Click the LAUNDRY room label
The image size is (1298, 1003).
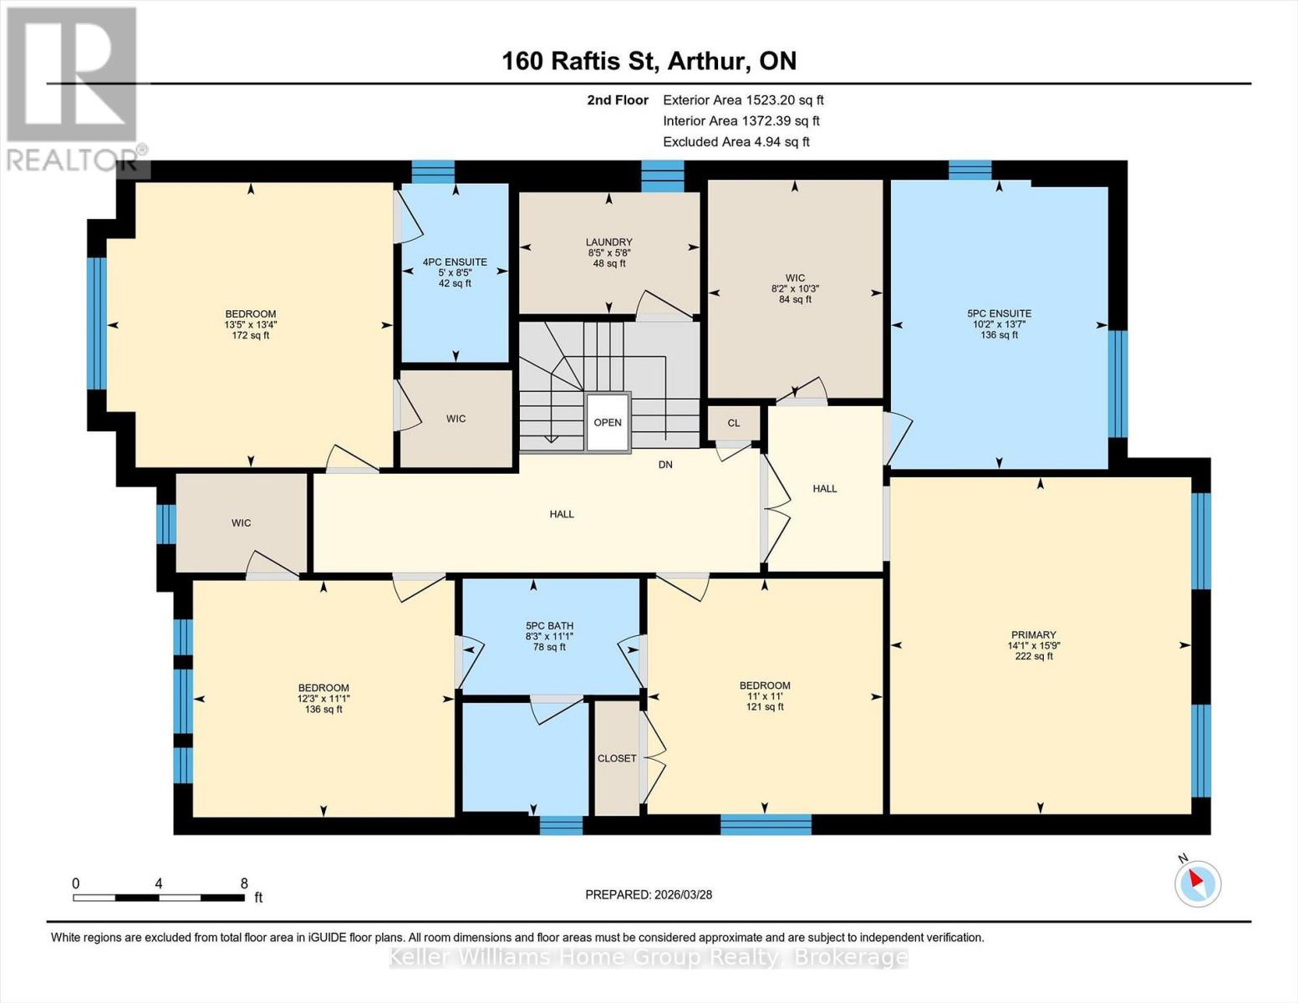pyautogui.click(x=608, y=242)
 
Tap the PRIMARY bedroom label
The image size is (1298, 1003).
pyautogui.click(x=1033, y=634)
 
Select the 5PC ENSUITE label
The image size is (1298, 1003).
pyautogui.click(x=1000, y=313)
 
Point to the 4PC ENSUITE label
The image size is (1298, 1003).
pyautogui.click(x=455, y=262)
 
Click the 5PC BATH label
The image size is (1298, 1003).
pyautogui.click(x=549, y=626)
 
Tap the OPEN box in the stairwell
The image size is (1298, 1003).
pyautogui.click(x=608, y=422)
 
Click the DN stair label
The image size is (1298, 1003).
pyautogui.click(x=665, y=464)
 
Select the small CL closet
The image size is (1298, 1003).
pyautogui.click(x=734, y=423)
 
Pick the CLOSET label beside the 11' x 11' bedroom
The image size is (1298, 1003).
pyautogui.click(x=617, y=758)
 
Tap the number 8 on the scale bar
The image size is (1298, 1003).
pyautogui.click(x=244, y=883)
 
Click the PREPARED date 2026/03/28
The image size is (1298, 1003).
pyautogui.click(x=684, y=894)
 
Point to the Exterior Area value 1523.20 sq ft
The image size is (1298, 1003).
pyautogui.click(x=784, y=99)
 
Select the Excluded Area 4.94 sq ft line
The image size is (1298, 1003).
pyautogui.click(x=736, y=141)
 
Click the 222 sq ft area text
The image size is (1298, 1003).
pyautogui.click(x=1034, y=656)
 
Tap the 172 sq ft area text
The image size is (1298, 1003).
pyautogui.click(x=250, y=335)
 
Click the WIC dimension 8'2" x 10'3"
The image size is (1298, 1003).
pyautogui.click(x=795, y=288)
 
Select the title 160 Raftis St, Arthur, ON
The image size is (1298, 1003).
pyautogui.click(x=649, y=61)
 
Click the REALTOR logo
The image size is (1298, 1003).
pyautogui.click(x=74, y=89)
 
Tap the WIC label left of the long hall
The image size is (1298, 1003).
pyautogui.click(x=242, y=522)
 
